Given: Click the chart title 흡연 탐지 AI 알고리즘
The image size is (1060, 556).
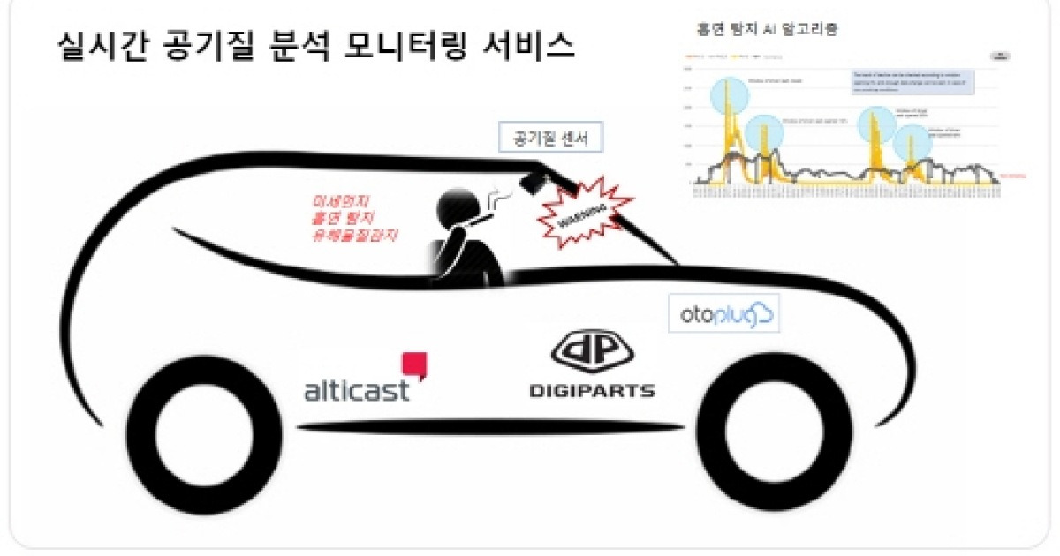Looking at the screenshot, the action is tap(769, 27).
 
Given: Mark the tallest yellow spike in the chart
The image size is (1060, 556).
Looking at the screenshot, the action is tap(728, 97).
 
